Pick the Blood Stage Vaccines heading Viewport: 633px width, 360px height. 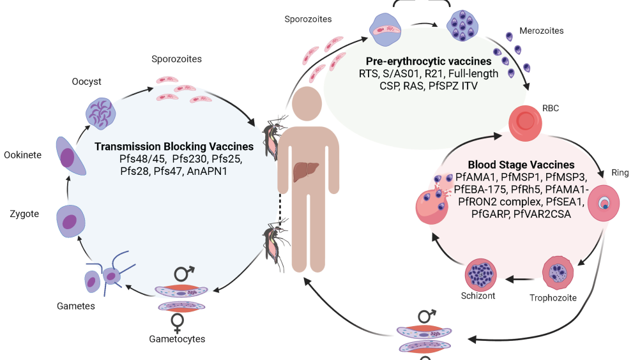[x=521, y=165]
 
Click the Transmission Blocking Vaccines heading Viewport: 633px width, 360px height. [x=174, y=146]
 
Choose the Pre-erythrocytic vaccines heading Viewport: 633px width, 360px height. [x=428, y=61]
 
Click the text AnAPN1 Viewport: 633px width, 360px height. [x=208, y=171]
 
